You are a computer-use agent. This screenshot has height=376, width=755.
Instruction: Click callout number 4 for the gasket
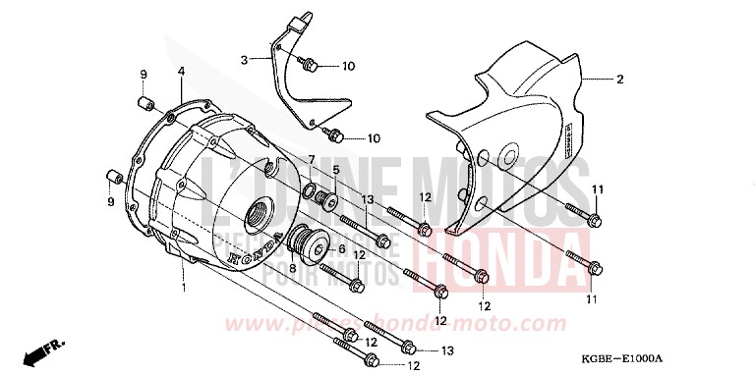(181, 72)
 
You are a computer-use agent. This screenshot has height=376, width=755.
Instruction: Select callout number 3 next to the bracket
(243, 60)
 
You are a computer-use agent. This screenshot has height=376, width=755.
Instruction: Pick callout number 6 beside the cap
(341, 249)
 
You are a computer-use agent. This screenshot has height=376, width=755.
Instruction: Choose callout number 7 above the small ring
(311, 159)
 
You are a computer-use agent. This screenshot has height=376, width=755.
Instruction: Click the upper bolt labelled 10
(309, 67)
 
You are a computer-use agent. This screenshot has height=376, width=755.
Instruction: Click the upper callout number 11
(597, 188)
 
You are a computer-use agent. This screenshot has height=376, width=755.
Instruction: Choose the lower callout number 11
(592, 297)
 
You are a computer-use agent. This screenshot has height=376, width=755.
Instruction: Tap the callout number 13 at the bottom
(447, 350)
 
